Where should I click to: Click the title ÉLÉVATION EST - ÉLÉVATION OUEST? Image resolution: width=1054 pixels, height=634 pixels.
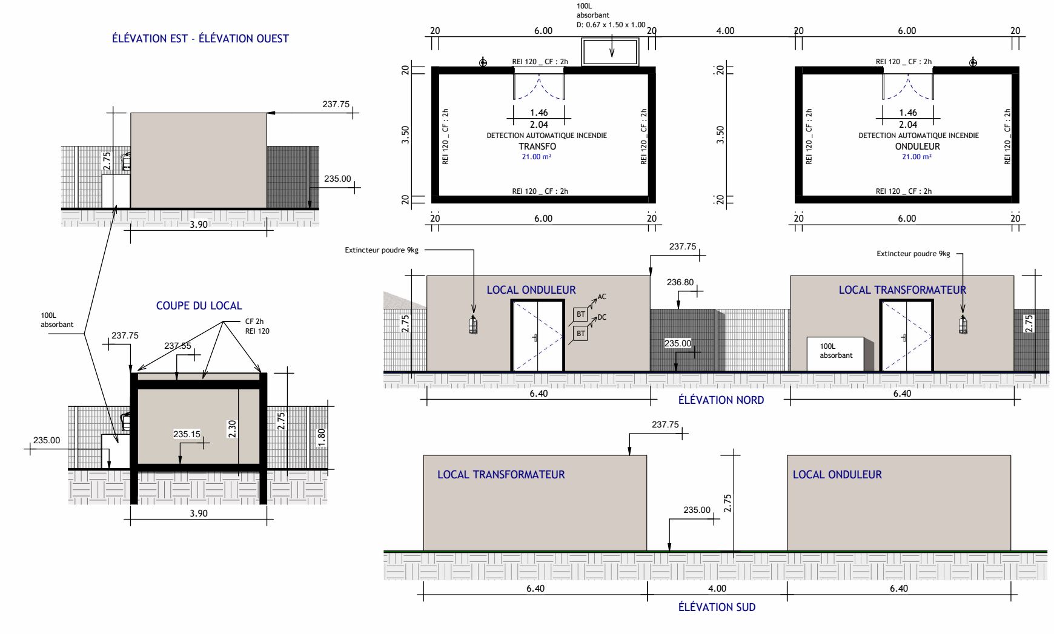point(201,38)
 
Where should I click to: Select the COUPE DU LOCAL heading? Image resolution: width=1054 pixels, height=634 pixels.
point(199,306)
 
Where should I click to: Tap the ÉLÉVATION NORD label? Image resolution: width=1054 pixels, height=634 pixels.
point(721,400)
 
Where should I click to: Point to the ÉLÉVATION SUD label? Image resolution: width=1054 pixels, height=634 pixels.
point(717,607)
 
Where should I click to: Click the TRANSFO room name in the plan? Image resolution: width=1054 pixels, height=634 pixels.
point(537,147)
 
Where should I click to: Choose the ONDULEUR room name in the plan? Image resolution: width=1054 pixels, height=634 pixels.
point(918,147)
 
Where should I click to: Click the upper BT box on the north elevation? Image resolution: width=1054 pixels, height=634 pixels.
point(581,314)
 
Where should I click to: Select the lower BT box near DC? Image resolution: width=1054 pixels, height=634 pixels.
point(581,334)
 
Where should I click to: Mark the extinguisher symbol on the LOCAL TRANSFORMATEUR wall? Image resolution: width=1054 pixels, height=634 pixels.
point(963,325)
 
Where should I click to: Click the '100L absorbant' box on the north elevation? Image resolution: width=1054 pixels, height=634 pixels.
point(835,354)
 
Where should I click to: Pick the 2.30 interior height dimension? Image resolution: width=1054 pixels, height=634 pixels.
point(232,429)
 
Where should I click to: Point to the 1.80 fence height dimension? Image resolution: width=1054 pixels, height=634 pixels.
point(321,436)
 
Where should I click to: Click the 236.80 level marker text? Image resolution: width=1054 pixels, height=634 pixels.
point(680,282)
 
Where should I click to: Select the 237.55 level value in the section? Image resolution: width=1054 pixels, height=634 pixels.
point(177,346)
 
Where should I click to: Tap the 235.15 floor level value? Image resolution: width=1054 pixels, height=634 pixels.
point(187,434)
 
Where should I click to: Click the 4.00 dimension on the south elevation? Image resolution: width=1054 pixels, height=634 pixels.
point(717,589)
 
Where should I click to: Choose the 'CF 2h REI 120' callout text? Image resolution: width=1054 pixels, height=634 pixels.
point(257,326)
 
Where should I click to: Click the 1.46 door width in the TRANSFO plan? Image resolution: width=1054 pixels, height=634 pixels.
point(539,113)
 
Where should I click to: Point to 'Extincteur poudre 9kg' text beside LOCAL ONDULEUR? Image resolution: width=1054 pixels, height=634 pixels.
point(382,250)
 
